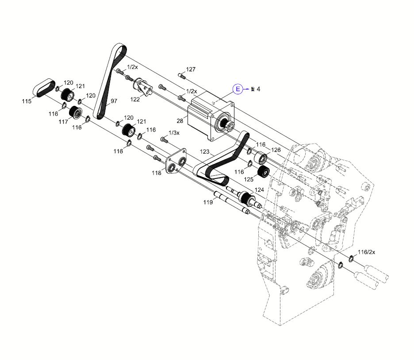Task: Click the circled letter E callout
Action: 238,89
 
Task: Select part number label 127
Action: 191,70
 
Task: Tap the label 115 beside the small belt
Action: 27,102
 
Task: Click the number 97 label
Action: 114,101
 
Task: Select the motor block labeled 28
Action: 208,116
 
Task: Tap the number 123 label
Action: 204,151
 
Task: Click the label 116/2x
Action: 366,252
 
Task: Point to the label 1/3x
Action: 174,133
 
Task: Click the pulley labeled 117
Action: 74,112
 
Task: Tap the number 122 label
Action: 135,99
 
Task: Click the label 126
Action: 276,150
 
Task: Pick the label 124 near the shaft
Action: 259,190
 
